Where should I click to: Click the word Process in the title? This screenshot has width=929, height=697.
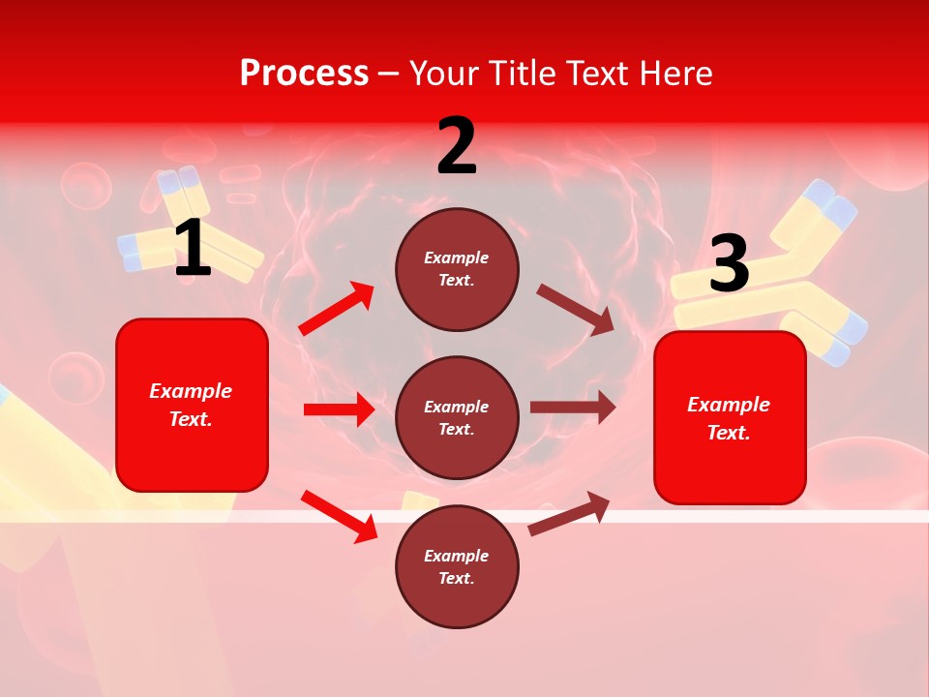click(x=304, y=74)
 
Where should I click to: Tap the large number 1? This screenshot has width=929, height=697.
click(x=193, y=249)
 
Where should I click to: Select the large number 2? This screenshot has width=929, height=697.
click(x=457, y=146)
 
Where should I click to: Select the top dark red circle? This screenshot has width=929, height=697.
click(x=457, y=269)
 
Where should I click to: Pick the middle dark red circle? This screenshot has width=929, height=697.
click(x=457, y=417)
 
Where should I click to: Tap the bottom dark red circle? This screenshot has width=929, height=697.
click(x=457, y=566)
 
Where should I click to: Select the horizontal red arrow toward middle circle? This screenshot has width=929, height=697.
click(x=339, y=409)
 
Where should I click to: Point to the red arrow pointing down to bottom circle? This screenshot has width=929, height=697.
click(x=340, y=516)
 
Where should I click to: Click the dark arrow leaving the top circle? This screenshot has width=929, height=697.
click(x=576, y=309)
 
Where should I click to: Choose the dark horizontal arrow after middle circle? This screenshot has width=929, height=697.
click(x=572, y=407)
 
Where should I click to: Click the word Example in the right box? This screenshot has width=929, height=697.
click(x=729, y=405)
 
